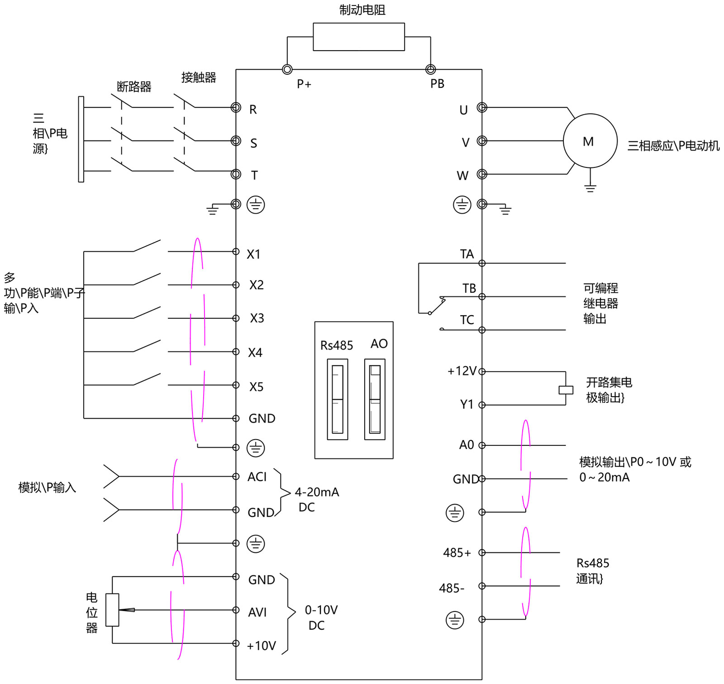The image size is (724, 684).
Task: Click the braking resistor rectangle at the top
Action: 358,37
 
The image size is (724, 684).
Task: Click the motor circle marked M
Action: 590,141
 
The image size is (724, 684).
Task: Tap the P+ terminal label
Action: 304,84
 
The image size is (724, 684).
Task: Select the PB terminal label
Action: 437,84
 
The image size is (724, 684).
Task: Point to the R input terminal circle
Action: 236,107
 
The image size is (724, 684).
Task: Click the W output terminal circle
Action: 482,174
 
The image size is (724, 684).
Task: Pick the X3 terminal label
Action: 257,318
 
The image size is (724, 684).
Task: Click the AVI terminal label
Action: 257,612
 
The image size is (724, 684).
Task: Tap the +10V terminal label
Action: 262,646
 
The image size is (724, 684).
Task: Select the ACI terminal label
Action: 257,477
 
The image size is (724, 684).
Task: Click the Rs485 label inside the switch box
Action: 336,345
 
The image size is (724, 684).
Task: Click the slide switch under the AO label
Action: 375,399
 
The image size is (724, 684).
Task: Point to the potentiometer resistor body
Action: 112,610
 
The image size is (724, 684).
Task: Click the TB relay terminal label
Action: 469,288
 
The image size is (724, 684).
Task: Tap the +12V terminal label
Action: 462,371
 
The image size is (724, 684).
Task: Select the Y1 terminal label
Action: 467,404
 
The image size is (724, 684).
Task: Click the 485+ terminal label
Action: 457,553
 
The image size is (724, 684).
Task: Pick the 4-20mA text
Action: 317,492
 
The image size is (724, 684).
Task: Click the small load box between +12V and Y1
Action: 566,390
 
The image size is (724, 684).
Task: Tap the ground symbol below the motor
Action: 590,187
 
